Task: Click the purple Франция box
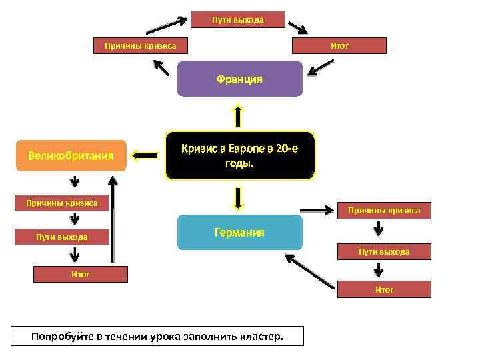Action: tap(239, 79)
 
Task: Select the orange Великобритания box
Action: tap(71, 156)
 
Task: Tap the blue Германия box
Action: tap(239, 233)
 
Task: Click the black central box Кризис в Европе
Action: tap(239, 155)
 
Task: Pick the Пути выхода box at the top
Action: tap(238, 19)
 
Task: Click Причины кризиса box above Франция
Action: tap(140, 45)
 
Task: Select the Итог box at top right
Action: tap(339, 45)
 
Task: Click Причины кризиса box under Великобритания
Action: tap(61, 202)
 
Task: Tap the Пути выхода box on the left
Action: tap(61, 237)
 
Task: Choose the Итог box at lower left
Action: tap(80, 273)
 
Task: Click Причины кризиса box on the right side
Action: tap(384, 210)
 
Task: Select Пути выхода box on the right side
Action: tap(384, 251)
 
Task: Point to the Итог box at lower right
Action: tap(384, 289)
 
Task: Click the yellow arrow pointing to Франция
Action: tap(238, 115)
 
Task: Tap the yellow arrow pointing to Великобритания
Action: tap(145, 156)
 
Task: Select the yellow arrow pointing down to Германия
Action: tap(238, 197)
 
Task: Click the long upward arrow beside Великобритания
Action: tap(115, 217)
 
